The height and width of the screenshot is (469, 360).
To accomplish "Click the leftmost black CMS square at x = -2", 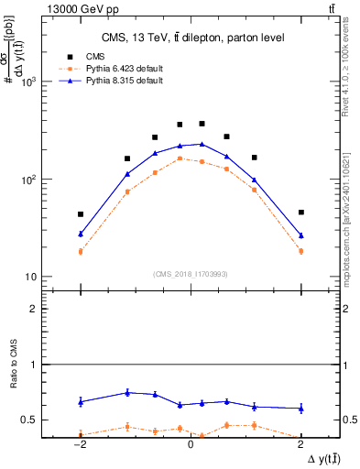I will pyautogui.click(x=81, y=214).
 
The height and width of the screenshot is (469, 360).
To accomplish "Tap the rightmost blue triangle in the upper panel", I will pyautogui.click(x=300, y=235).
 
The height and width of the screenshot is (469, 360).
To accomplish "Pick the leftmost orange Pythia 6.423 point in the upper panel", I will pyautogui.click(x=81, y=251).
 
